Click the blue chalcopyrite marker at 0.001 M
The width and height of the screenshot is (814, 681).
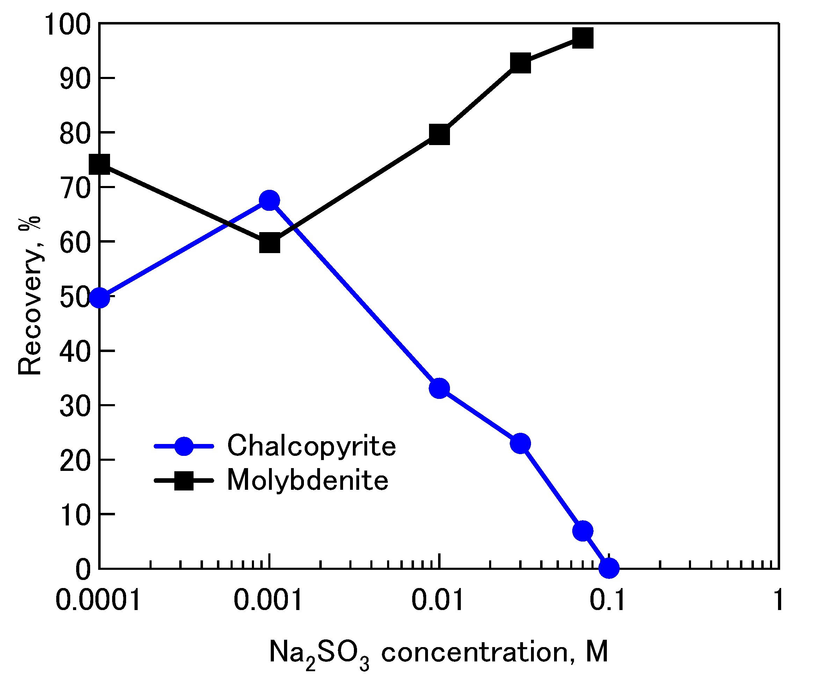[269, 201]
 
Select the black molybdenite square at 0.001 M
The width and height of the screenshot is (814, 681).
[269, 243]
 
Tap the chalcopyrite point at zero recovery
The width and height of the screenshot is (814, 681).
[609, 568]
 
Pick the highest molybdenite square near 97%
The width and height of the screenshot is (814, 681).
[583, 38]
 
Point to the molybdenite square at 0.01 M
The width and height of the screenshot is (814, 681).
[439, 135]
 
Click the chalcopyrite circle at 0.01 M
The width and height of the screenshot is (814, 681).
[439, 388]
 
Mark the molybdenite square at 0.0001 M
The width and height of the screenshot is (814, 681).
[100, 164]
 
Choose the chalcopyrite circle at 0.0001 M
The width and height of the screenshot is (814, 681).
[100, 298]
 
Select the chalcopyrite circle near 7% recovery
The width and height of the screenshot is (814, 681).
[583, 531]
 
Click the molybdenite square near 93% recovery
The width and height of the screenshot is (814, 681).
[520, 63]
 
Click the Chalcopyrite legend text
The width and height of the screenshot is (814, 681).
[311, 446]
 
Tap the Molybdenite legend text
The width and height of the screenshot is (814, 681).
[307, 480]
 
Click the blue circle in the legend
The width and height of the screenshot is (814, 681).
[184, 446]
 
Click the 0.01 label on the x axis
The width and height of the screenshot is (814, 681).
[437, 600]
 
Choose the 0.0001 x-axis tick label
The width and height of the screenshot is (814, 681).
[98, 600]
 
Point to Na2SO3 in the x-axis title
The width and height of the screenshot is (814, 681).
[319, 653]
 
